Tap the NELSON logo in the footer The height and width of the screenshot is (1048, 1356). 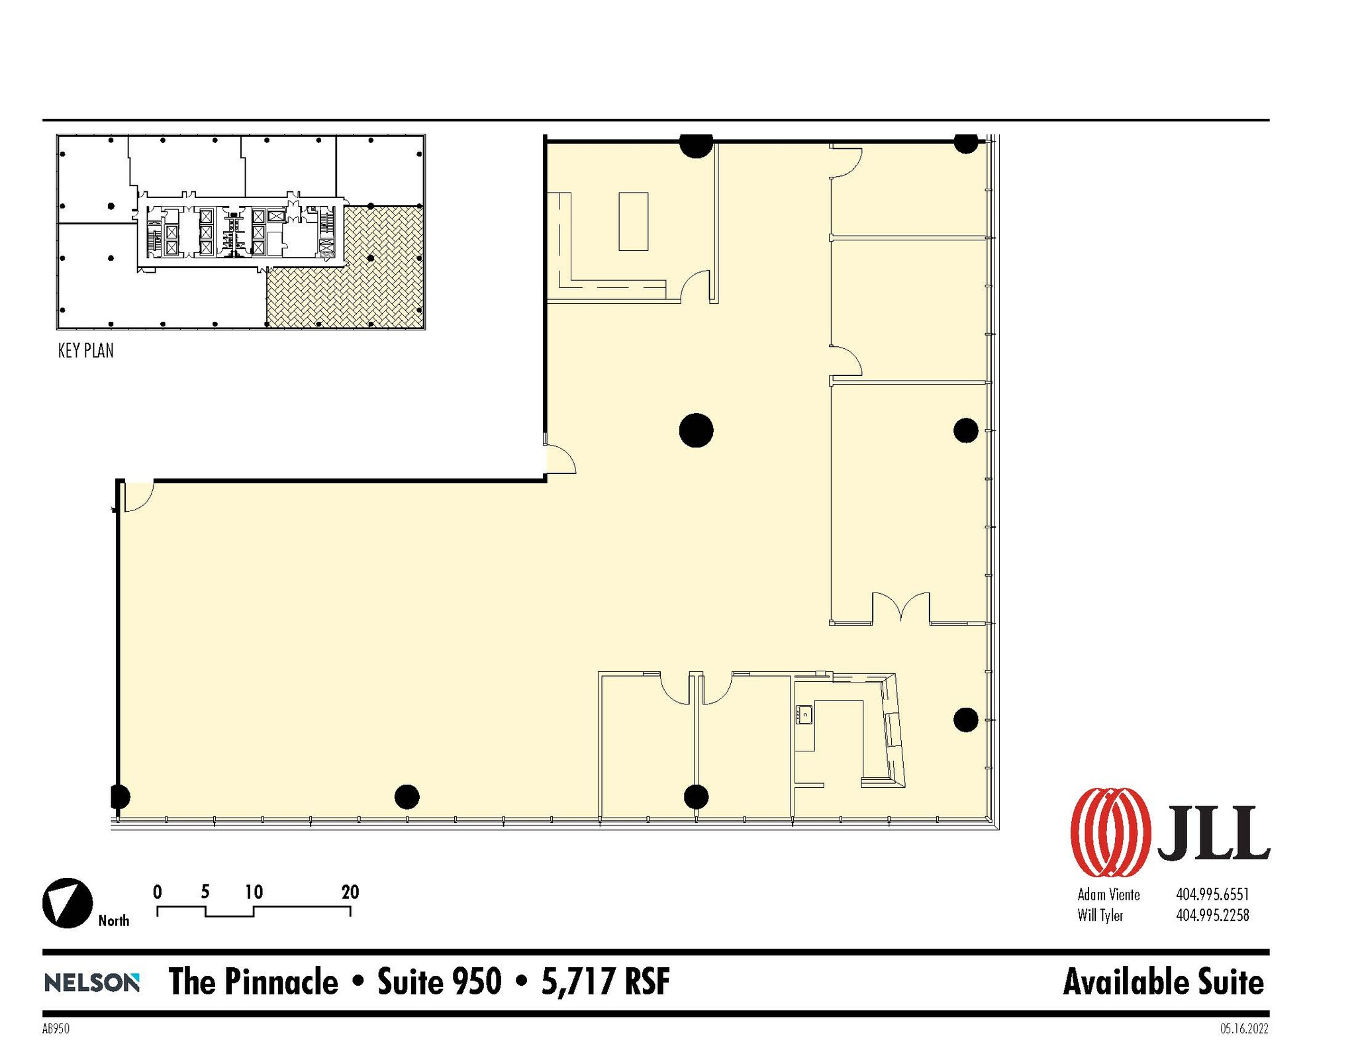click(x=91, y=982)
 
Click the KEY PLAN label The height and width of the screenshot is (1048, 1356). click(x=85, y=351)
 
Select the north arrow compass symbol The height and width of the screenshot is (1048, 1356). click(x=68, y=903)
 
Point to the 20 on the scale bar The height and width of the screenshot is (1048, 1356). click(x=350, y=892)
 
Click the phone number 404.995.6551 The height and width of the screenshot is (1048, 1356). click(x=1212, y=894)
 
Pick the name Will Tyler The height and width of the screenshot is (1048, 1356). click(x=1100, y=916)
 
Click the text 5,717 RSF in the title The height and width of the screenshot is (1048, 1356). click(x=605, y=981)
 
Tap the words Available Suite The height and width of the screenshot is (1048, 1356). click(x=1163, y=982)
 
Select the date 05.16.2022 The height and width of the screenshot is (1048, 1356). click(x=1244, y=1029)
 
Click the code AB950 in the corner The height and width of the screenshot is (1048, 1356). click(x=56, y=1029)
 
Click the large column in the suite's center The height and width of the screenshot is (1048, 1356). click(x=696, y=430)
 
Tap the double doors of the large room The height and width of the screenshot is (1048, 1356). click(x=900, y=608)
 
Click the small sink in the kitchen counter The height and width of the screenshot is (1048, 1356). click(x=804, y=714)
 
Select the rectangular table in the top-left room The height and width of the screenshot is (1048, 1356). click(x=633, y=221)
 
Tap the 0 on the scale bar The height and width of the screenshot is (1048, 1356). click(x=157, y=892)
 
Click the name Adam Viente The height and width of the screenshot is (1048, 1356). click(x=1108, y=894)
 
